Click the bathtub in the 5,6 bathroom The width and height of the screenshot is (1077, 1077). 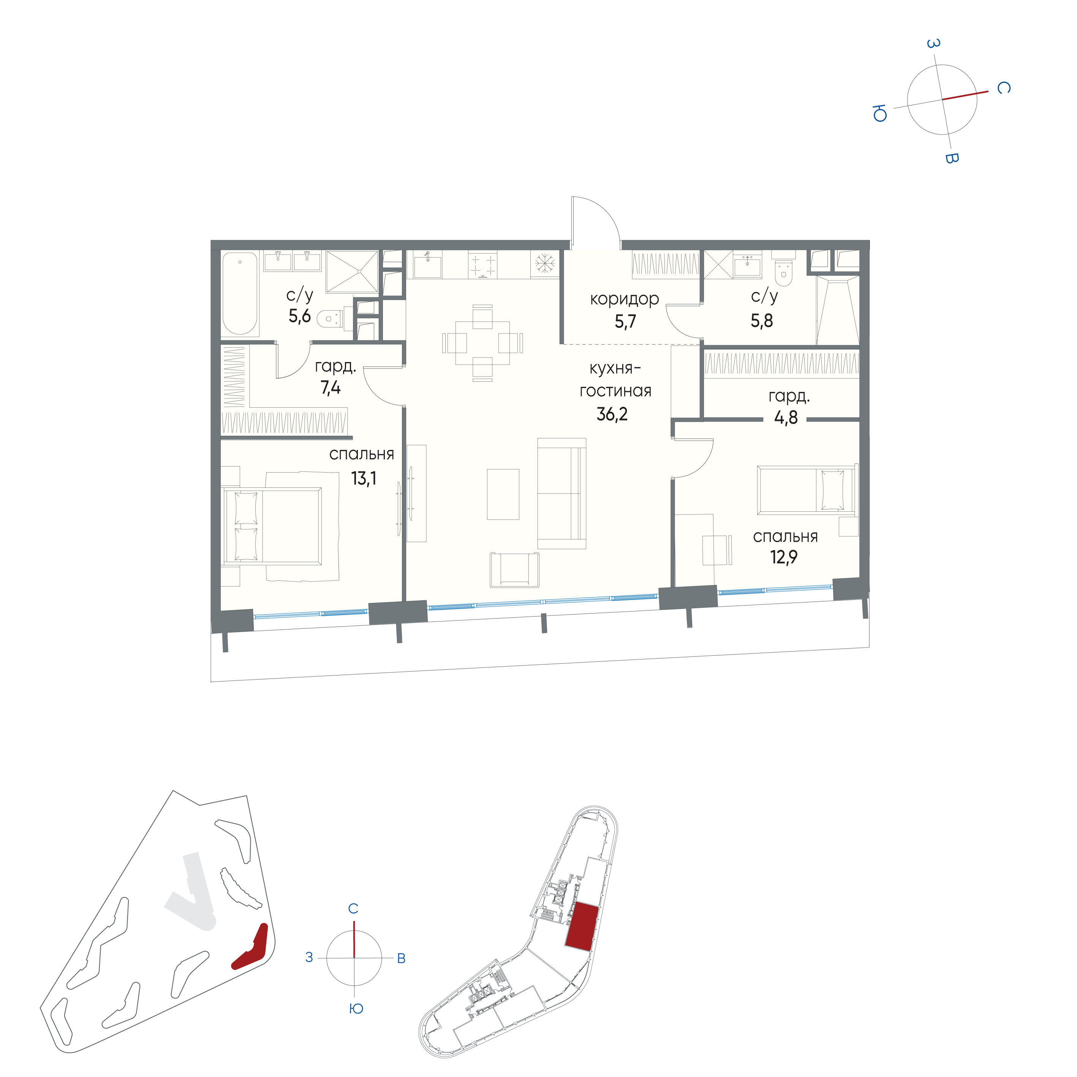tap(240, 294)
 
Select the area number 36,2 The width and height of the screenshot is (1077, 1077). tap(612, 414)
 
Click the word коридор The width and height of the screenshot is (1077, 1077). tap(624, 299)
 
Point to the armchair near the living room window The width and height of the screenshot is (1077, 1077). tap(514, 570)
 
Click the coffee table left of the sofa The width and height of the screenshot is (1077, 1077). tap(503, 494)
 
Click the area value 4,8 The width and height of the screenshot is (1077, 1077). tap(786, 418)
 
